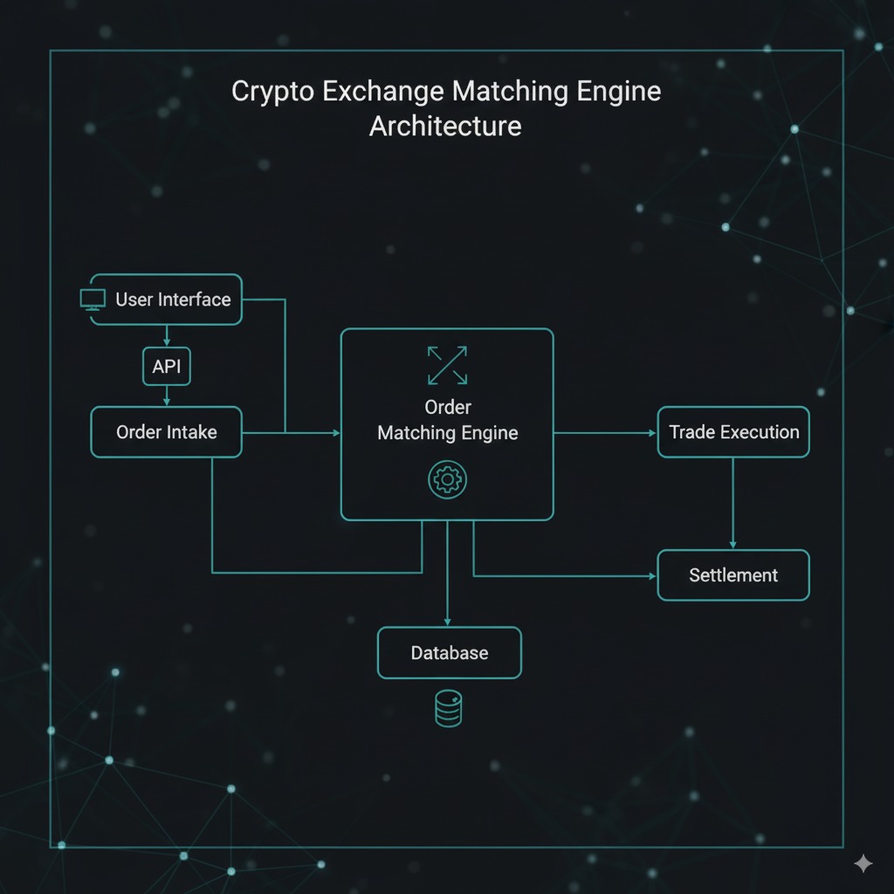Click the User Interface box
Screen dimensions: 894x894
click(x=166, y=299)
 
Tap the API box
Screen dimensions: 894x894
click(x=166, y=367)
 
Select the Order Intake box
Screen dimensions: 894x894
click(x=166, y=431)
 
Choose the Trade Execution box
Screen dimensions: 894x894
click(x=733, y=431)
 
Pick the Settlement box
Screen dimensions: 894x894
click(x=733, y=575)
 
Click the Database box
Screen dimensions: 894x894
click(x=449, y=653)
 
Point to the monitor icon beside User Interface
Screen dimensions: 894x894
click(x=93, y=299)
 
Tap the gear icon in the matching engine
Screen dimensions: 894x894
click(x=447, y=480)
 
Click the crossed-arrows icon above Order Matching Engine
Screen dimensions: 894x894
click(x=447, y=365)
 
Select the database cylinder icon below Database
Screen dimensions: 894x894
click(x=448, y=708)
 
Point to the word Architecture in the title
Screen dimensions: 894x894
click(x=445, y=126)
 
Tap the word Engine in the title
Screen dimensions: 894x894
click(x=616, y=92)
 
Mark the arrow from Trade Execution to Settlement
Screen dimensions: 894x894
click(x=732, y=503)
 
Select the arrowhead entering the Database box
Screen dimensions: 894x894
click(x=447, y=621)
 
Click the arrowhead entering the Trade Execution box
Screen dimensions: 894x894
click(x=650, y=432)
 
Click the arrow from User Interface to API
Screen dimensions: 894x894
click(x=166, y=335)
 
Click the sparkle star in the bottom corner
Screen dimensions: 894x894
click(x=863, y=863)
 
